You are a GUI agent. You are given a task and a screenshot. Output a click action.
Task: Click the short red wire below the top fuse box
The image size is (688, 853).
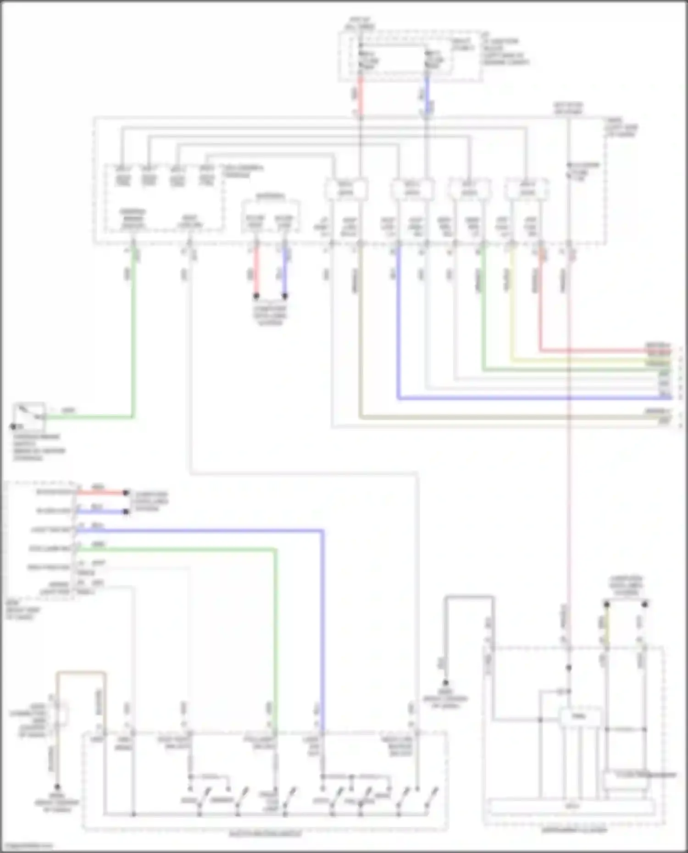point(361,96)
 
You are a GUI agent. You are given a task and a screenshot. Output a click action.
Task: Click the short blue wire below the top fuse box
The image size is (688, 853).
point(427,96)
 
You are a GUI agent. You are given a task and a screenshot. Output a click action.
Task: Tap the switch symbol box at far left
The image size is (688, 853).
point(29,416)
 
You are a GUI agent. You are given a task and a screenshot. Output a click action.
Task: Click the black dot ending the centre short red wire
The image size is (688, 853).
point(256,296)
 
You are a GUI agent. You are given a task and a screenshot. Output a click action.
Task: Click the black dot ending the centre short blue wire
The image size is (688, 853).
point(284,296)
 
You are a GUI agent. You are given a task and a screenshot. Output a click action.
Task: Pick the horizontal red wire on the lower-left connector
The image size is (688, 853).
point(101,493)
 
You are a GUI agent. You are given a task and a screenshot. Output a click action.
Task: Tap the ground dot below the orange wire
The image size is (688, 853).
point(57,787)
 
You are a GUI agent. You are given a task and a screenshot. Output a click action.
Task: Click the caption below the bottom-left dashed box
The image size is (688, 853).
point(265,834)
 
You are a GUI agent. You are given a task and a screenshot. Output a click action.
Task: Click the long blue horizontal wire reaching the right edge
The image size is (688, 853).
point(527,398)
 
